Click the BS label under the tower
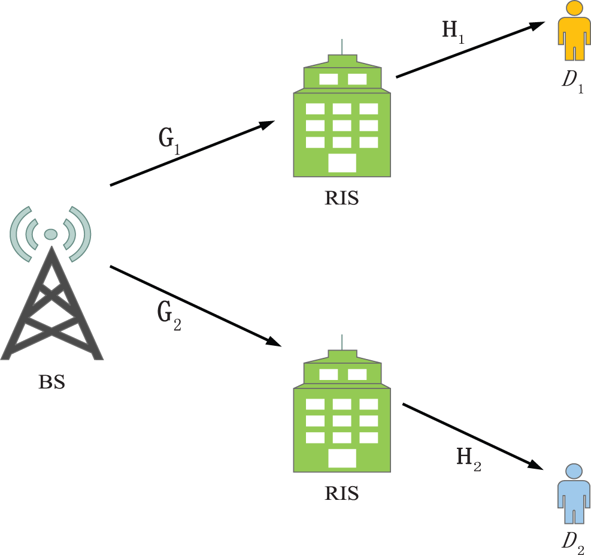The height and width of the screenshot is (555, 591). (51, 382)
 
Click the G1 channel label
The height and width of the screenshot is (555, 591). (168, 140)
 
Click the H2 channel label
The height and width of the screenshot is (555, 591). (468, 460)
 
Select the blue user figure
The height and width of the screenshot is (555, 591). (574, 494)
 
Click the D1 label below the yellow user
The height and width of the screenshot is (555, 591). (572, 81)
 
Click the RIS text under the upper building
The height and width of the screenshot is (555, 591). (341, 198)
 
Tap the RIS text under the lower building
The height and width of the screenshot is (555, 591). (341, 493)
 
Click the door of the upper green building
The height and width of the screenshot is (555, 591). (342, 162)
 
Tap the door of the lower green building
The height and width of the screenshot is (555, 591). (342, 458)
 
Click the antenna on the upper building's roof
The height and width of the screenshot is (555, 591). (342, 47)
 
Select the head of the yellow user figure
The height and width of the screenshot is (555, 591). (574, 8)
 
